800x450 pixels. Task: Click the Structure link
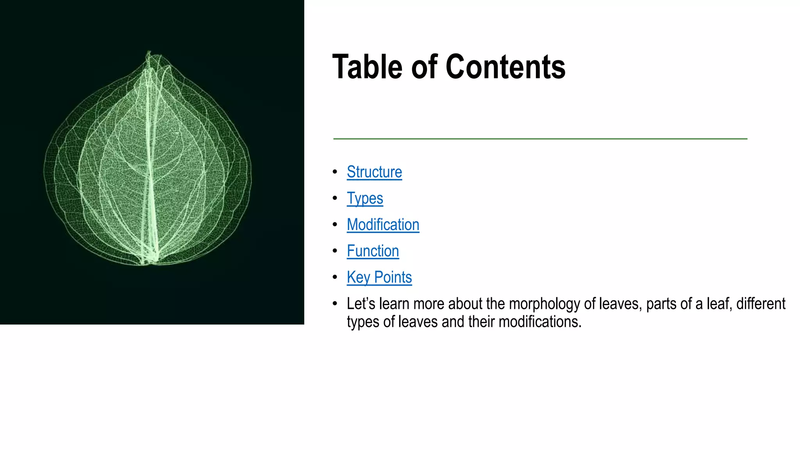(374, 172)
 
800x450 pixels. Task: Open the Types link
(365, 198)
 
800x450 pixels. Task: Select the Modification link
(383, 225)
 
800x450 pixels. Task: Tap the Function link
(373, 251)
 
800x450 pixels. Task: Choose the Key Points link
(379, 277)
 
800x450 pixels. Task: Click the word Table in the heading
(367, 67)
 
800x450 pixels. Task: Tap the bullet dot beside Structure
(335, 172)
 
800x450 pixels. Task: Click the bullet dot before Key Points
(335, 277)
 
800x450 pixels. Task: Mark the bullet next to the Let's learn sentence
(335, 304)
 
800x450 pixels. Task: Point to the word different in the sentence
(761, 304)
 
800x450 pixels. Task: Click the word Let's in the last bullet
(361, 304)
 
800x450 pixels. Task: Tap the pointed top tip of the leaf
(149, 52)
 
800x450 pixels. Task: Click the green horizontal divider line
(540, 139)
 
